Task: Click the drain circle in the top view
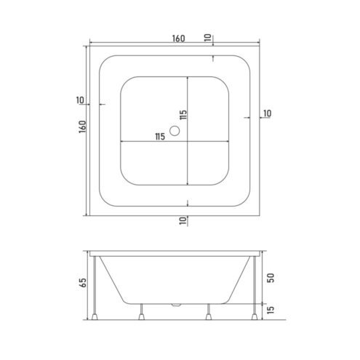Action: click(175, 131)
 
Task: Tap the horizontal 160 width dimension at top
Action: click(179, 39)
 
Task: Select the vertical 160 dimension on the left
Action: click(82, 127)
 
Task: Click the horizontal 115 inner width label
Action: click(160, 137)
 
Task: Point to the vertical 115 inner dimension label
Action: click(183, 115)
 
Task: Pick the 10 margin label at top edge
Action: click(208, 38)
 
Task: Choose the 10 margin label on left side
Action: click(80, 100)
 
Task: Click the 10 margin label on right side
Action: click(268, 113)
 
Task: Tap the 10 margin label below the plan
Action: click(183, 220)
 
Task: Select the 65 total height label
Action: click(83, 283)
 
